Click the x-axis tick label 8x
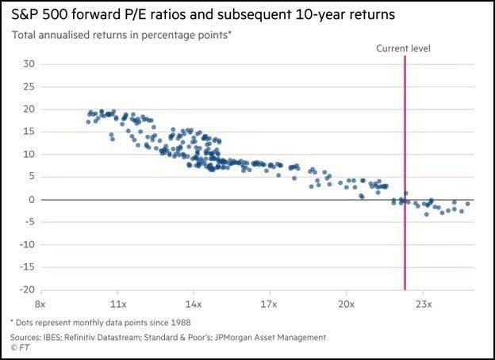pyautogui.click(x=41, y=304)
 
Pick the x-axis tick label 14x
pyautogui.click(x=193, y=304)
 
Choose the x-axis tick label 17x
pyautogui.click(x=269, y=304)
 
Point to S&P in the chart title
pyautogui.click(x=28, y=15)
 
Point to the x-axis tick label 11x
pyautogui.click(x=117, y=304)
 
